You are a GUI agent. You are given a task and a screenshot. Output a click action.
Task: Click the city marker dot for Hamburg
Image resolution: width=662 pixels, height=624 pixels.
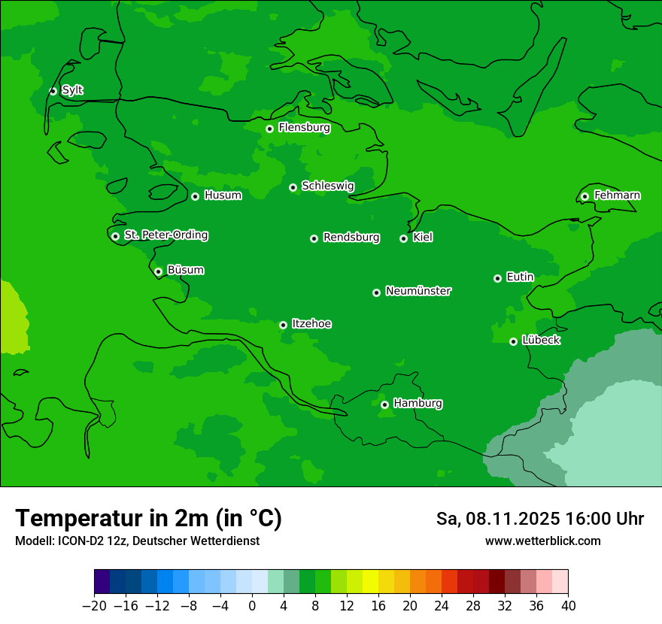pos(384,404)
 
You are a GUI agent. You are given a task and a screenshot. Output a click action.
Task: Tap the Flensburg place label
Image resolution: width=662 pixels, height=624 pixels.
pos(304,128)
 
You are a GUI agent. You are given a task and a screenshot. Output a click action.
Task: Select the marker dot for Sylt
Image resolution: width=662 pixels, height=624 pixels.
pos(53,91)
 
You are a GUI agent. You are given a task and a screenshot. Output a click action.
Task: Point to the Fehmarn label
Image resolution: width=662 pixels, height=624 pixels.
pos(617,195)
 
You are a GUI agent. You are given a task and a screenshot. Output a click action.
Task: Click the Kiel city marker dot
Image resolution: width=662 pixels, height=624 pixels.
pos(403,238)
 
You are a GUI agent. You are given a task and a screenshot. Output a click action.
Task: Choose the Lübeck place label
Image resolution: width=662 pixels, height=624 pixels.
pos(540,341)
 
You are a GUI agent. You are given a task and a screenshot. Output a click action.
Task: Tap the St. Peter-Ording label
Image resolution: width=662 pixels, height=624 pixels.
pos(165,235)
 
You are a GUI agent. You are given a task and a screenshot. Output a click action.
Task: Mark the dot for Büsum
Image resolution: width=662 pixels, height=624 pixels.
pos(158,271)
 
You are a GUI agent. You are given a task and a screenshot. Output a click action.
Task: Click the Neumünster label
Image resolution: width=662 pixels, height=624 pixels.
pos(418,291)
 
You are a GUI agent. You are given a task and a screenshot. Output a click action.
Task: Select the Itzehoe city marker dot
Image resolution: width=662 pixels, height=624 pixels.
pos(283,325)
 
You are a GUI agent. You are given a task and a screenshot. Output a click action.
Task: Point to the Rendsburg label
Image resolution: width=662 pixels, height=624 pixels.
pos(351,238)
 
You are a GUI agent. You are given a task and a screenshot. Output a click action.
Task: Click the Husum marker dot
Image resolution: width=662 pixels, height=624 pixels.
pos(195,196)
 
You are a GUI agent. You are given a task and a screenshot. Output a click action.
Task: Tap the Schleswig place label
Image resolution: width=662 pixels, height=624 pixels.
pos(327,186)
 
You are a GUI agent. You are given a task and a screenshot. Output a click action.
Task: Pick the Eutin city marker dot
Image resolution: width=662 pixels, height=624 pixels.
pos(497,278)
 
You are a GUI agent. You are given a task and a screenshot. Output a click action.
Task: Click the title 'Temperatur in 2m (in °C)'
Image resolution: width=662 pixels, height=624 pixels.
pos(149,518)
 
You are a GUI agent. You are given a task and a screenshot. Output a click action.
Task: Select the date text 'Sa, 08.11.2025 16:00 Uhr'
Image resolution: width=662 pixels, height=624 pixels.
pos(539,519)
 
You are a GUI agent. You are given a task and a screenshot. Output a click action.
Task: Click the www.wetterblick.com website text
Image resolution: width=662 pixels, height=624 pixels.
pos(542,541)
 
